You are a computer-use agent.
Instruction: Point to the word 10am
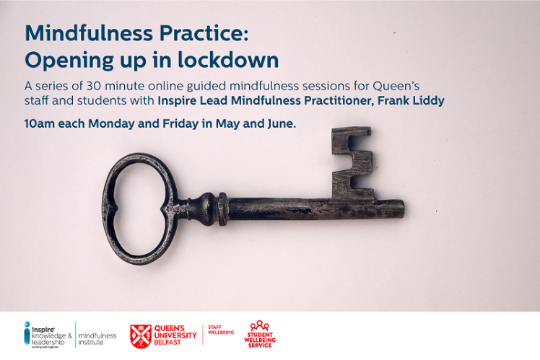(x=40, y=123)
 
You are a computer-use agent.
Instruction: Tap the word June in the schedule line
(x=278, y=123)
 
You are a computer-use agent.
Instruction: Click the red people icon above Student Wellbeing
(x=259, y=326)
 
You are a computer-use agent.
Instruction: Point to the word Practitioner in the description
(x=348, y=101)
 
